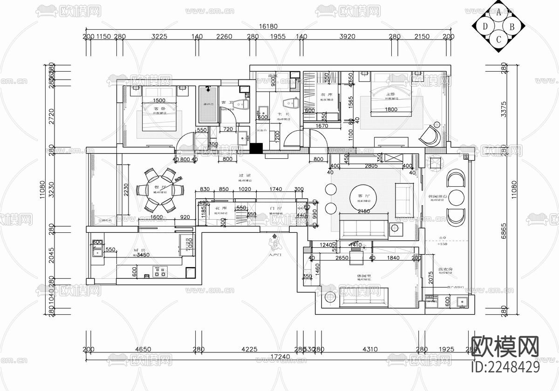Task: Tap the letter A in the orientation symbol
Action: click(x=498, y=13)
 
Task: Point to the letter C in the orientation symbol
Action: click(x=498, y=40)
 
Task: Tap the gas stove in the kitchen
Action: click(x=160, y=272)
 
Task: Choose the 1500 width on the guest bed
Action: click(x=159, y=101)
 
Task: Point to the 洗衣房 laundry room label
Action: click(x=446, y=270)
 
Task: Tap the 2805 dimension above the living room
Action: click(x=371, y=166)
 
